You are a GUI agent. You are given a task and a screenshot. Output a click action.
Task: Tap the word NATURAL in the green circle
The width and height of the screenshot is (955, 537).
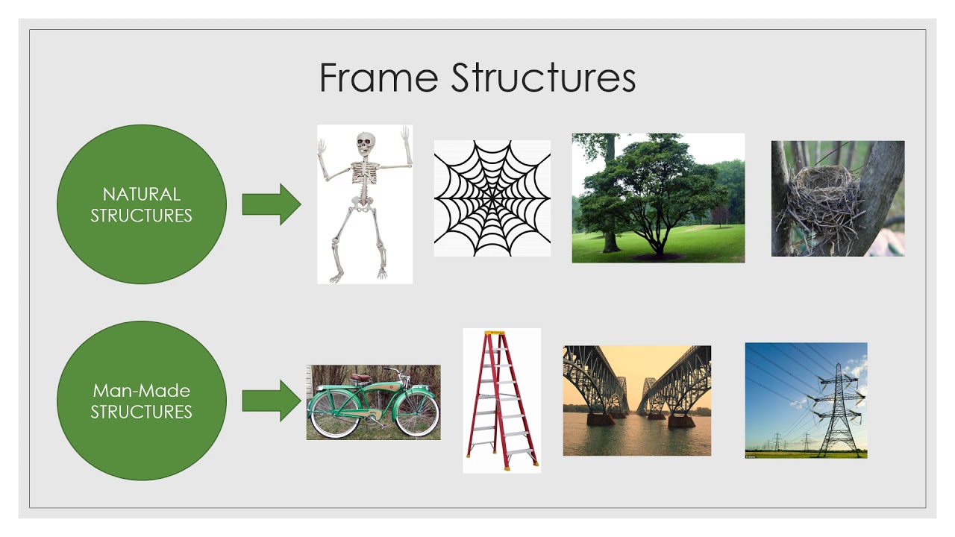click(141, 195)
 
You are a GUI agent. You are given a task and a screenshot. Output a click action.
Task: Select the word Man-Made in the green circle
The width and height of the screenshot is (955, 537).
click(141, 390)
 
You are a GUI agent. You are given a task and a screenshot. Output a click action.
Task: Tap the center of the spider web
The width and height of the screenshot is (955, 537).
click(492, 198)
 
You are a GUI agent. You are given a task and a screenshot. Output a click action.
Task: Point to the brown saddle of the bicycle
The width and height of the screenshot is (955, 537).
click(362, 377)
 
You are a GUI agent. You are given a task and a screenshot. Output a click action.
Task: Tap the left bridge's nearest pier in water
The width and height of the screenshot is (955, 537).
click(601, 418)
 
